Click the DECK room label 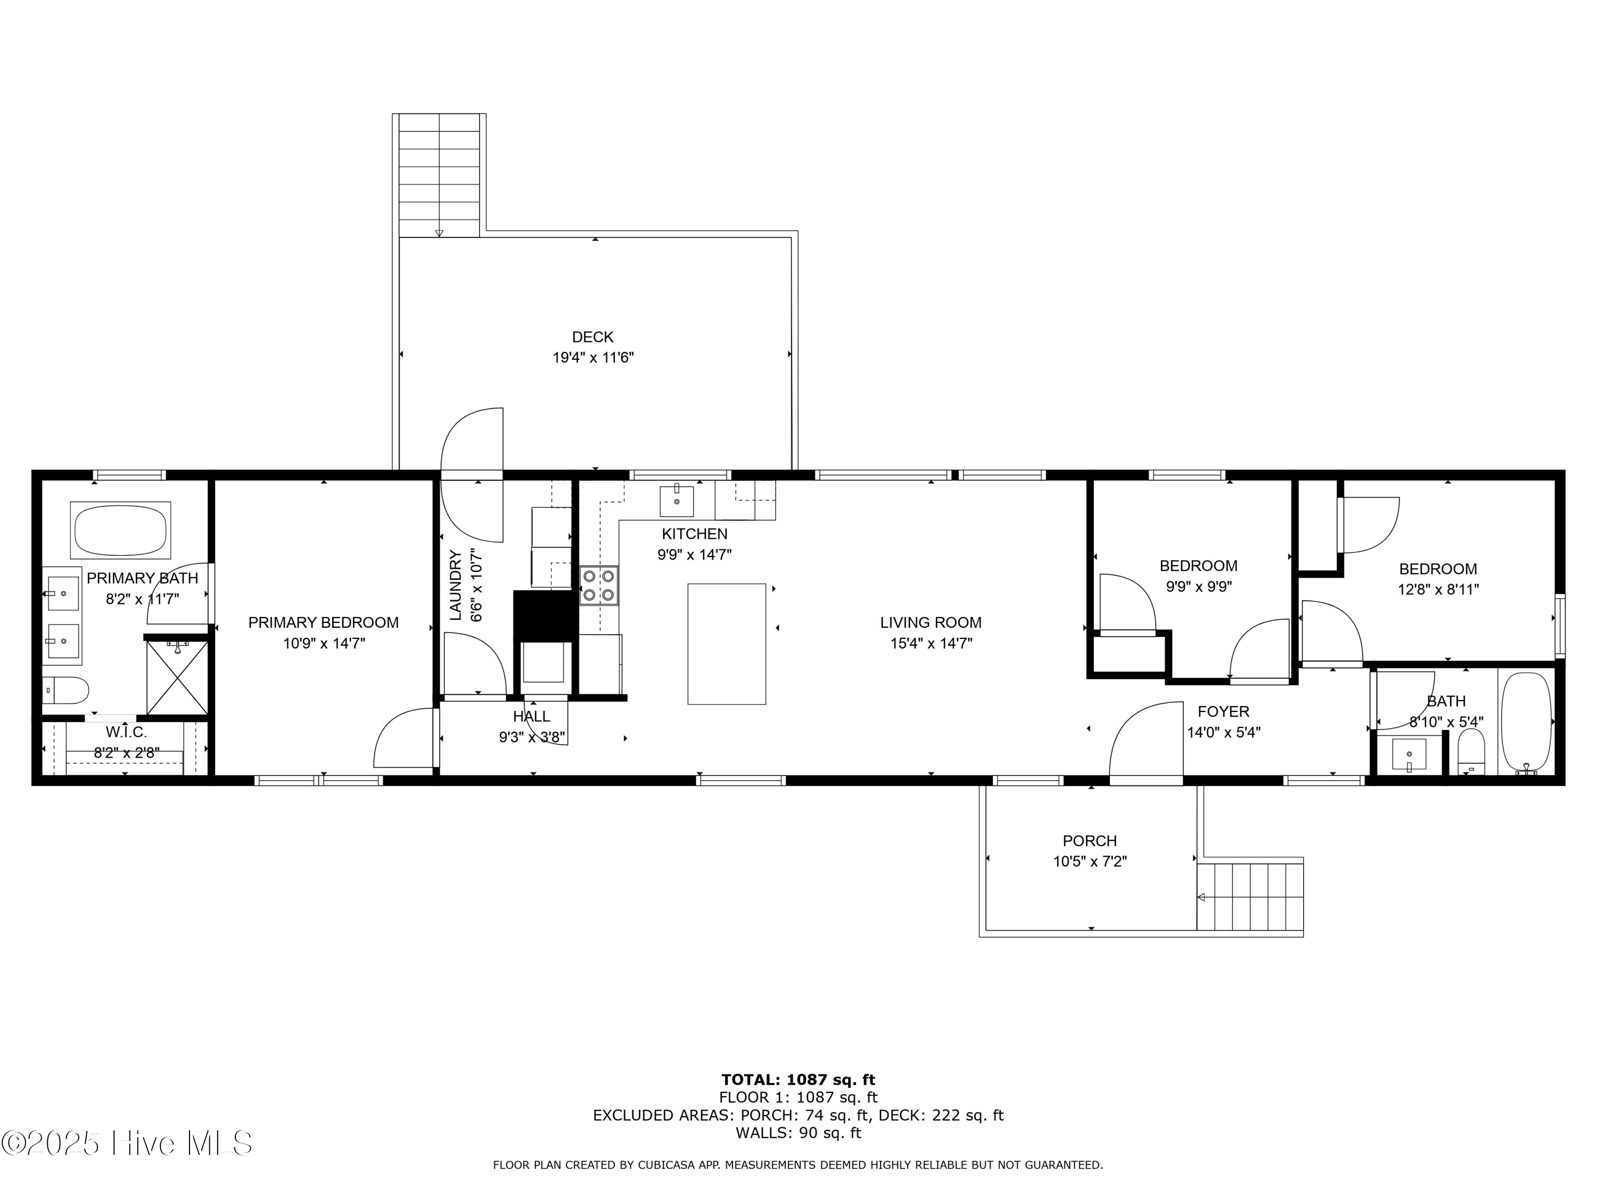pos(592,337)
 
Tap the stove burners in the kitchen pos(598,586)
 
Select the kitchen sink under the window pos(677,501)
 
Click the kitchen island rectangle pos(726,643)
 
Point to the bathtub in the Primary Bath pos(120,530)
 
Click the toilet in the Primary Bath pos(65,690)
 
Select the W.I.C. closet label pos(126,732)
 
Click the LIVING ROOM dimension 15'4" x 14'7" pos(931,643)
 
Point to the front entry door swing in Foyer pos(1145,744)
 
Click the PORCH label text pos(1090,841)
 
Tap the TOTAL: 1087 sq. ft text pos(798,1080)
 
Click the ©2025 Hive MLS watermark pos(126,1143)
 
